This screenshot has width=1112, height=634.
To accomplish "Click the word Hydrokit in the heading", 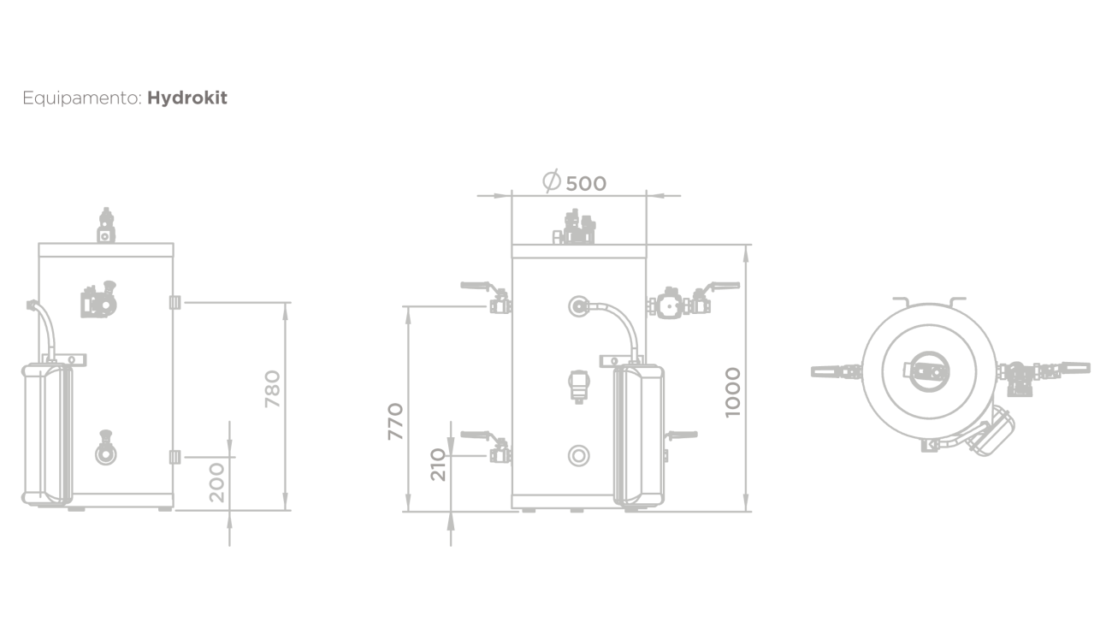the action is pos(187,98).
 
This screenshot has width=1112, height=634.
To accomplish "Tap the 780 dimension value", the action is pos(273,388).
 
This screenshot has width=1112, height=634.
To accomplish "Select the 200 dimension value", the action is pos(217,483).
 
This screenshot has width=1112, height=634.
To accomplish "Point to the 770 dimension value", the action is pos(396,422).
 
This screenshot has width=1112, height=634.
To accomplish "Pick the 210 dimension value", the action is pos(438,465).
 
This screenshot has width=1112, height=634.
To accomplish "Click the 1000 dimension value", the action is pos(733,392).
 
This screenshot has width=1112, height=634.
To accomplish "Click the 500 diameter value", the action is pos(586,184).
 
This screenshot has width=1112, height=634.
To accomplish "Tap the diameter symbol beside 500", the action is pos(552,181).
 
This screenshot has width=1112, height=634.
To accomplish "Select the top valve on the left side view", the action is pos(106,225).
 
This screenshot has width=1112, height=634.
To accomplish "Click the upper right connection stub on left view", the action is pos(174,302).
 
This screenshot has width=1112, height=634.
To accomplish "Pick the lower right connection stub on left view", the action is pos(174,457).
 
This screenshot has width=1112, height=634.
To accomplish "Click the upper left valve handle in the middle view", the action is pos(476,286).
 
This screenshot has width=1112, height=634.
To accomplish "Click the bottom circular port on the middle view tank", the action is pos(579,456).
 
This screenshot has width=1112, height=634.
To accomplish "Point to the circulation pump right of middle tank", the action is pos(670,303).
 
